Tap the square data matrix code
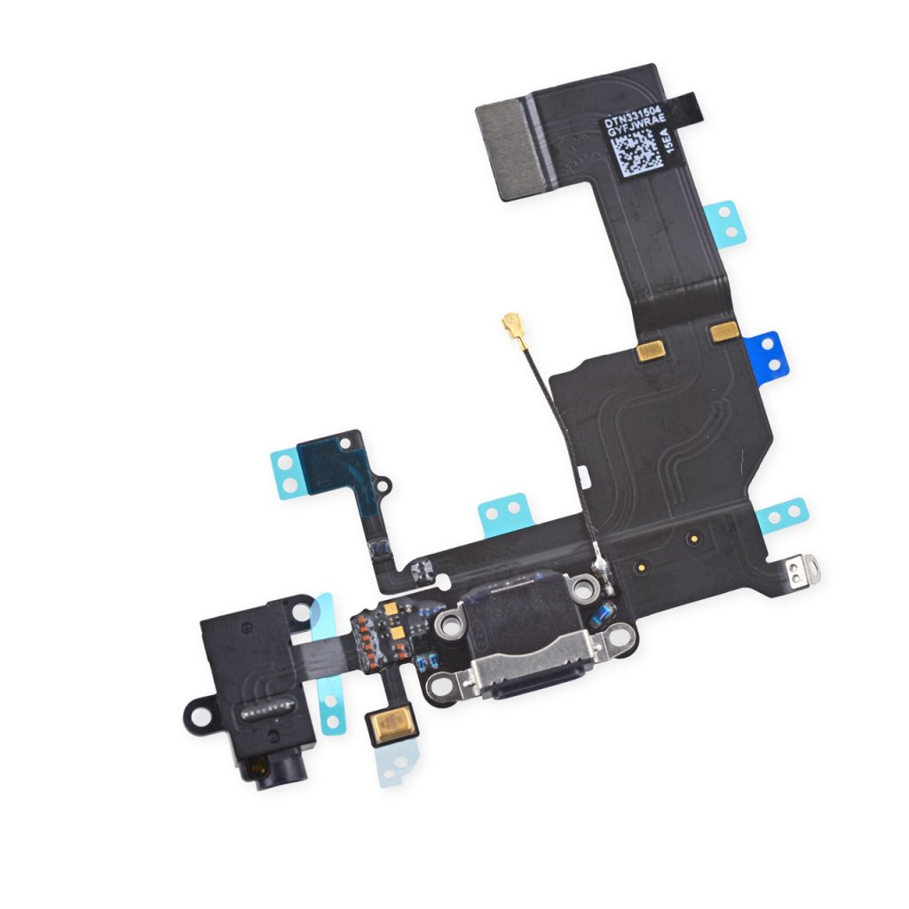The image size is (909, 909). [x=637, y=153]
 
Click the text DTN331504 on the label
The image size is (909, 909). [x=631, y=116]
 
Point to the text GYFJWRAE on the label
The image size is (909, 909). [x=636, y=125]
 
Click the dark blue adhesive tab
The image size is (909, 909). [x=767, y=353]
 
